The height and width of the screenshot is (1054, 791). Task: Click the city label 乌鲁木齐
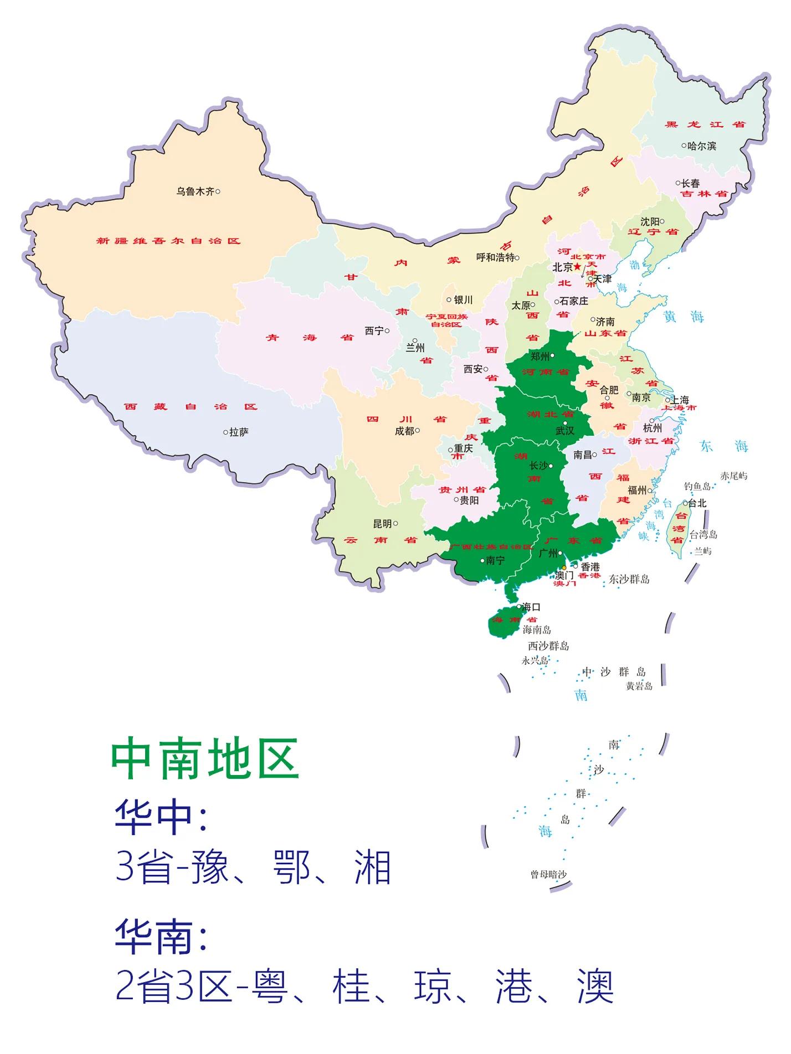(x=195, y=192)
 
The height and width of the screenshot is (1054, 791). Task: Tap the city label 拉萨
(x=239, y=432)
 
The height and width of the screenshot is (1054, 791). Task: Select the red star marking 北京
(x=578, y=267)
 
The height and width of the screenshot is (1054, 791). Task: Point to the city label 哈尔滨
(x=701, y=146)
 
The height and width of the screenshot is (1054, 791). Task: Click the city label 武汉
(x=565, y=431)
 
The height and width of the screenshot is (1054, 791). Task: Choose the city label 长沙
(x=538, y=466)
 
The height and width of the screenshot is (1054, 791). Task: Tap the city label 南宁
(x=495, y=561)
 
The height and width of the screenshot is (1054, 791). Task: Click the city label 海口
(x=531, y=607)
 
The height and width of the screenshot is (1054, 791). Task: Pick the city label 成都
(x=404, y=431)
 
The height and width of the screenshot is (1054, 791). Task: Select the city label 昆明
(x=382, y=524)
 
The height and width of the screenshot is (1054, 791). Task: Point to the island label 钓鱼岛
(x=697, y=487)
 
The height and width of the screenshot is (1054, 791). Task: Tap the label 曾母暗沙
(x=548, y=875)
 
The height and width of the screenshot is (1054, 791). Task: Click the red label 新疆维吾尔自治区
(x=168, y=241)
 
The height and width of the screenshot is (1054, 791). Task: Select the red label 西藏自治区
(x=191, y=407)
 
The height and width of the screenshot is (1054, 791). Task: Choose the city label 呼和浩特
(x=495, y=257)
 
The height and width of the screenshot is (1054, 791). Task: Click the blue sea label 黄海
(x=684, y=317)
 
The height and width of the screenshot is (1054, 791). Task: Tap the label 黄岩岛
(x=639, y=686)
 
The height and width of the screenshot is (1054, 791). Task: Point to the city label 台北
(x=697, y=503)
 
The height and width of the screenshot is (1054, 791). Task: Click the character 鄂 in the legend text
(x=291, y=867)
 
